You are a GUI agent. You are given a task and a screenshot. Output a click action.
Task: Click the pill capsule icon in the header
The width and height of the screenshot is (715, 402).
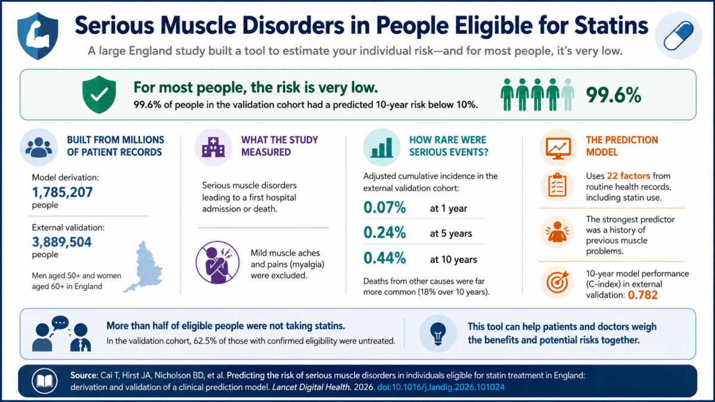point(678,35)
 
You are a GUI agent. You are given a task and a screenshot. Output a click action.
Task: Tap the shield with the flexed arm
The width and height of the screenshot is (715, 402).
point(38,36)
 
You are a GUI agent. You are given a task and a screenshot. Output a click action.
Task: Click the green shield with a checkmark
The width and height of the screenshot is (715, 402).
point(99,95)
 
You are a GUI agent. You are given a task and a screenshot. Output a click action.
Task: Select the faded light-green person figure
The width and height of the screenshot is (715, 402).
point(568,95)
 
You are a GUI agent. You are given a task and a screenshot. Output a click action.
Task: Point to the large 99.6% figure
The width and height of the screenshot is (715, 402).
point(614,95)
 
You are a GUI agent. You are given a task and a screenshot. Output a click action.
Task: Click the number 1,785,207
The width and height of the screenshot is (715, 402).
point(62,192)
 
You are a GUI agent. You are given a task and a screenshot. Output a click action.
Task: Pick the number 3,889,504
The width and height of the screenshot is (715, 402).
point(61,242)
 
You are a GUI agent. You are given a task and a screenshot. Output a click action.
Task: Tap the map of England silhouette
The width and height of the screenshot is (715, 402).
point(144,267)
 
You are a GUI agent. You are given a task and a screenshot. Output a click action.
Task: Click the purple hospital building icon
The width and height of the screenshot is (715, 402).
point(213,147)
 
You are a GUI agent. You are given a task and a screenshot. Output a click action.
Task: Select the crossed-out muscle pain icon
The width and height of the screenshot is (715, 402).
point(217,262)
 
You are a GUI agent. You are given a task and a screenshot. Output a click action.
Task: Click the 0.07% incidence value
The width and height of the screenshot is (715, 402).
point(385,207)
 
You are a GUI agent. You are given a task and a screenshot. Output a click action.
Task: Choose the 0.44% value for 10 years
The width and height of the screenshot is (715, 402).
point(385,258)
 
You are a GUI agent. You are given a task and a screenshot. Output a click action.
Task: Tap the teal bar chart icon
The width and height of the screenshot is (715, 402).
point(382,148)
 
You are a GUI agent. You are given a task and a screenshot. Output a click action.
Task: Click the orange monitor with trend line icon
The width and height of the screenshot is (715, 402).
point(558,148)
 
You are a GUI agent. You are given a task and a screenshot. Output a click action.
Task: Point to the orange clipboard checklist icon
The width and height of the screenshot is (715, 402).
point(557,185)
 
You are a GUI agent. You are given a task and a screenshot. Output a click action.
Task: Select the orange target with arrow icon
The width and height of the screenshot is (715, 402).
point(557,282)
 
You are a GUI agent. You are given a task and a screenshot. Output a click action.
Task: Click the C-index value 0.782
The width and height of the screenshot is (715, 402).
point(642,295)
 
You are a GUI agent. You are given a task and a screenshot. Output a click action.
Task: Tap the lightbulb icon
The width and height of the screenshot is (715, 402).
point(438,334)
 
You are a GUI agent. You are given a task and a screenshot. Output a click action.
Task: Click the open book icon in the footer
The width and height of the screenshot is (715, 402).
point(45,381)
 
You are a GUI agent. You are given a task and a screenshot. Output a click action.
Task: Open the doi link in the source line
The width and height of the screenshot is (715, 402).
point(441,387)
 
